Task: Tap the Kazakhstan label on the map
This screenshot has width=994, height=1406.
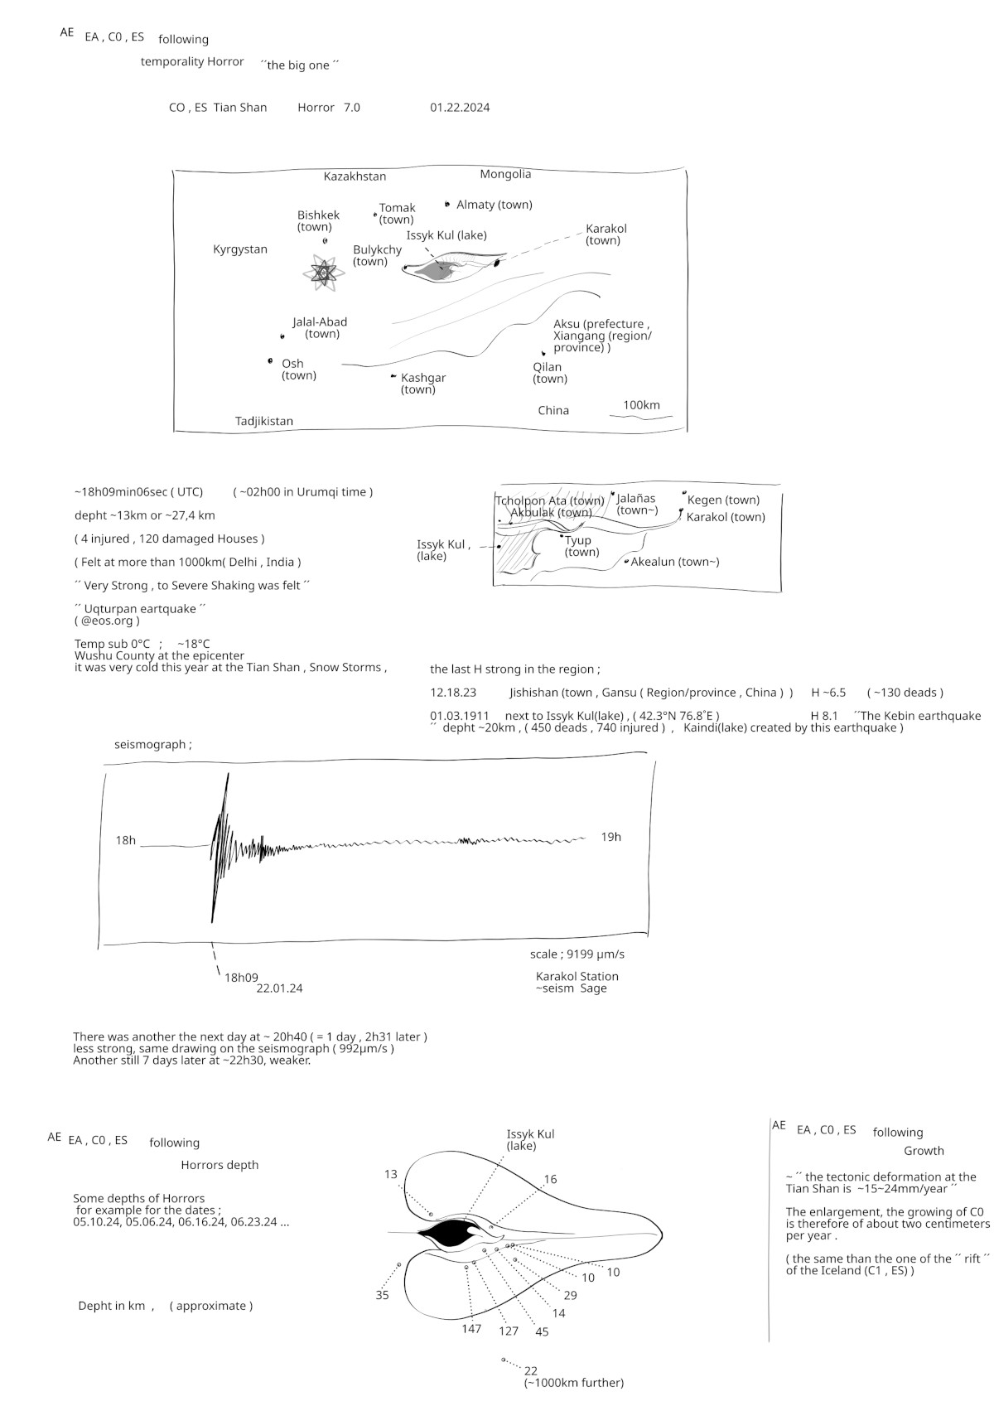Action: (x=355, y=176)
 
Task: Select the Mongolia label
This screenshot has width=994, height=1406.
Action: (x=505, y=174)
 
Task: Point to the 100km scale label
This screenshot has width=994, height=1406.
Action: (x=641, y=405)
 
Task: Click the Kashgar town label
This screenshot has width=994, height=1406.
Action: (x=422, y=384)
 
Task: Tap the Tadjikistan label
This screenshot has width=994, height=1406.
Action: (x=263, y=421)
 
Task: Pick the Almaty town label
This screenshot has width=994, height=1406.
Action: (x=494, y=205)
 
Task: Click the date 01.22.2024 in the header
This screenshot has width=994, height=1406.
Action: (x=460, y=107)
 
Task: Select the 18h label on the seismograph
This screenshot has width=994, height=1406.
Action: (x=125, y=840)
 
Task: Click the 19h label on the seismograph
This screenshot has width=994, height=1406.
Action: (x=610, y=837)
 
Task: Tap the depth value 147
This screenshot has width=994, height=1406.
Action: (x=471, y=1329)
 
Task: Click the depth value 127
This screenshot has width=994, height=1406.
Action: (x=508, y=1331)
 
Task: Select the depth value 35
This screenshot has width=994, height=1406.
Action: (x=382, y=1295)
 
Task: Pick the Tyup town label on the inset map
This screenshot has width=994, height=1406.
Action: (x=581, y=546)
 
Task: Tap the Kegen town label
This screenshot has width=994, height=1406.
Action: (x=722, y=500)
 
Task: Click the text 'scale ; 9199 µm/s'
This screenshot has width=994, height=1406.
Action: (x=577, y=954)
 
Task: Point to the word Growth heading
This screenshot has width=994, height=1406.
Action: (x=924, y=1151)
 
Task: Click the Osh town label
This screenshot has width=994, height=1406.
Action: (x=297, y=370)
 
